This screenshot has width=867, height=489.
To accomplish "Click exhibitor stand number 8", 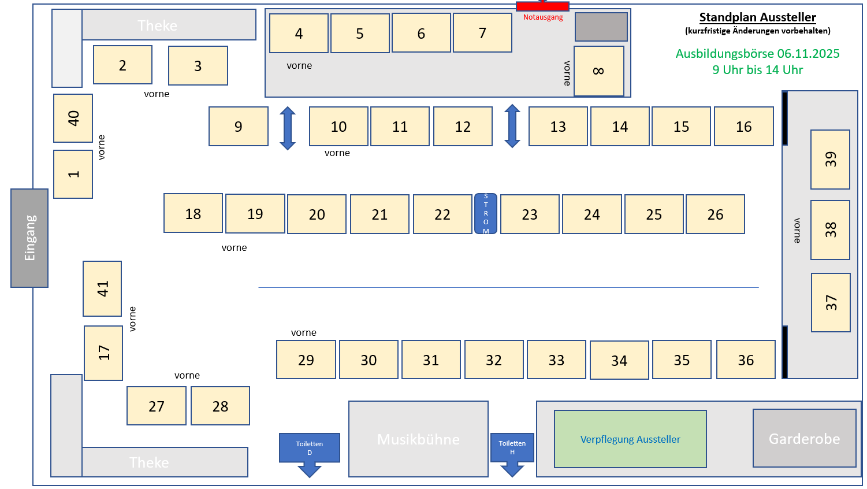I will [599, 71].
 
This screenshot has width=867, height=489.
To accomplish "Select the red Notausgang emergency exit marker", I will [542, 6].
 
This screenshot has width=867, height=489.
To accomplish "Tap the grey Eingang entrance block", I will [29, 238].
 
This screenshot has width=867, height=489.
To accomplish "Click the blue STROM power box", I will [486, 214].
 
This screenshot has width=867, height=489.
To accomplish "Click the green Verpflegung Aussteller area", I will [630, 439].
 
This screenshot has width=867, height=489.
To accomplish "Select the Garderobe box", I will [804, 439].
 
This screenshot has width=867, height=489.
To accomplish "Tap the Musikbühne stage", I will [418, 439].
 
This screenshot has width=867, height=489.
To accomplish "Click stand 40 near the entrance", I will [73, 118].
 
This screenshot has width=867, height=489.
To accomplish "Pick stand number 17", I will [103, 353].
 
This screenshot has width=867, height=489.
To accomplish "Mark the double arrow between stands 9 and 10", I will [288, 128].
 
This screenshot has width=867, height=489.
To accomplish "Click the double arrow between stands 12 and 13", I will [512, 126].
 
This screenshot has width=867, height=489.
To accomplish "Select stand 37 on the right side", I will [831, 302].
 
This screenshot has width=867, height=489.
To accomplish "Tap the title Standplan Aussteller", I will [757, 17].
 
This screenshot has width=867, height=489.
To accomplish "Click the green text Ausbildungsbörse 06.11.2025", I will [757, 54].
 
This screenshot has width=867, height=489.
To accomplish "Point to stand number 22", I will [442, 214].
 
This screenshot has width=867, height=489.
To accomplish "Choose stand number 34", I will [619, 361].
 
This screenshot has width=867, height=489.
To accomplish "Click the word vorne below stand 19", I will [234, 248].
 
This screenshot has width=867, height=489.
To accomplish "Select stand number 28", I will [220, 406].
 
